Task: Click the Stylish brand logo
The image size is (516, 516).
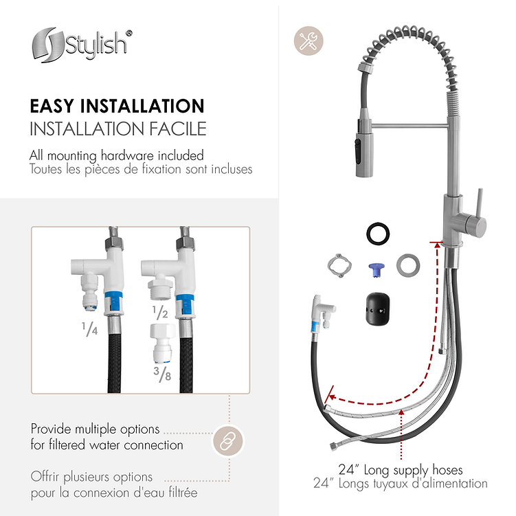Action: (x=82, y=45)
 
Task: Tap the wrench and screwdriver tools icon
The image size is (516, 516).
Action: (x=309, y=41)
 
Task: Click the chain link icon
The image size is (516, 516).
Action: (x=228, y=441)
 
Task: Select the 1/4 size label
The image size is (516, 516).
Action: (x=89, y=328)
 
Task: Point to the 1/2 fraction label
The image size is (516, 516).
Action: (x=160, y=313)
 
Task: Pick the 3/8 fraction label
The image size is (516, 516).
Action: (x=162, y=374)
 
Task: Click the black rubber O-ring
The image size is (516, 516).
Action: (x=378, y=234)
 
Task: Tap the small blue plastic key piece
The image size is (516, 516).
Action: (x=375, y=270)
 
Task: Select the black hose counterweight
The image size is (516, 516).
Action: (x=378, y=309)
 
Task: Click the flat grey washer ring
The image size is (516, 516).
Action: (x=408, y=265)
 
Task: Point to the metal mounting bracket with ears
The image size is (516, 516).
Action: (x=340, y=266)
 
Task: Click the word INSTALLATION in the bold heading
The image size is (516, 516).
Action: (x=142, y=106)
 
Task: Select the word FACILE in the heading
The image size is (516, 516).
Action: (x=178, y=128)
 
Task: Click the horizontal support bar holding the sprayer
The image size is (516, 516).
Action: (x=410, y=125)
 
